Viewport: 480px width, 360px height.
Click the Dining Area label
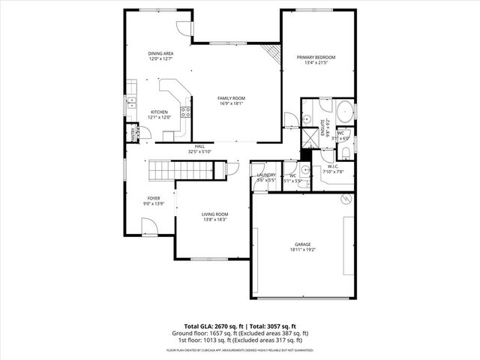click(x=160, y=53)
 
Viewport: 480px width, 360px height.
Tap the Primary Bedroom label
click(x=315, y=58)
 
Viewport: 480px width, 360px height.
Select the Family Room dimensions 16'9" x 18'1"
click(x=232, y=103)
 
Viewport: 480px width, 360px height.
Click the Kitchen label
click(x=160, y=112)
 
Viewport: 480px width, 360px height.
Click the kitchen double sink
click(x=130, y=102)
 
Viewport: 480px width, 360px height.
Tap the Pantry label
click(x=133, y=133)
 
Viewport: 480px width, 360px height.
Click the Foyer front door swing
click(x=149, y=225)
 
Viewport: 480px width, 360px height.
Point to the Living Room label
click(x=215, y=215)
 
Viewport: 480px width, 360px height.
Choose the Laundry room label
click(x=267, y=175)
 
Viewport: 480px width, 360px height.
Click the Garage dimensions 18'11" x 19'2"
click(x=303, y=250)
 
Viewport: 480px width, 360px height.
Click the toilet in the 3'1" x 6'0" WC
click(x=344, y=152)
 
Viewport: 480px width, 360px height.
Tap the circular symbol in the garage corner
click(x=346, y=199)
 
